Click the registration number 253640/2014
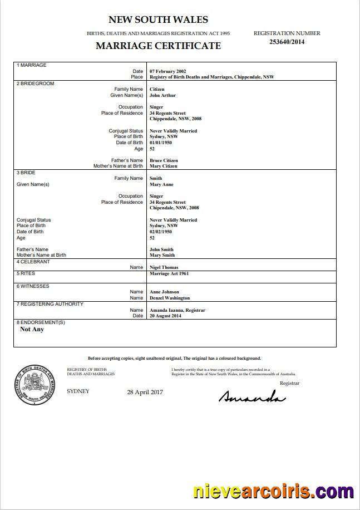[x=287, y=42]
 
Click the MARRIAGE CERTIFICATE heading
[x=158, y=46]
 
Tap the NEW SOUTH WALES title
[x=158, y=20]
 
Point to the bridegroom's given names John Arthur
[x=162, y=95]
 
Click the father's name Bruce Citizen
[x=164, y=160]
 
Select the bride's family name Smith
[x=156, y=179]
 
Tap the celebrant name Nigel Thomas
[x=164, y=268]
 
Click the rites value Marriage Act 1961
[x=169, y=274]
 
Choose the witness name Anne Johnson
[x=165, y=292]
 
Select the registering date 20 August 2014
[x=165, y=316]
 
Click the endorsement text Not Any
[x=32, y=329]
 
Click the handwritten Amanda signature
[x=251, y=396]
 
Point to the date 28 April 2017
[x=145, y=393]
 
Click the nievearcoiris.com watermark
[x=273, y=492]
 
